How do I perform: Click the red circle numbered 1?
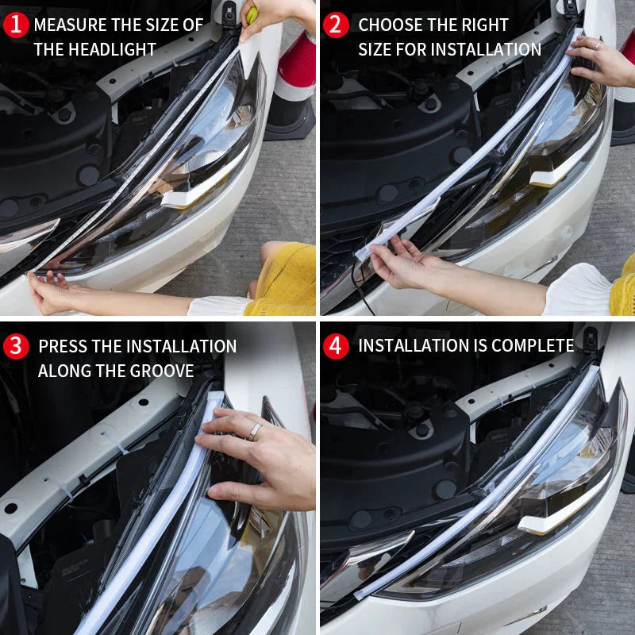16,25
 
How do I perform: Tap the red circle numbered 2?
337,25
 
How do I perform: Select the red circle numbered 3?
16,346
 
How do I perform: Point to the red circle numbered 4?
337,346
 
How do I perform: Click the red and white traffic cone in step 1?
294,79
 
